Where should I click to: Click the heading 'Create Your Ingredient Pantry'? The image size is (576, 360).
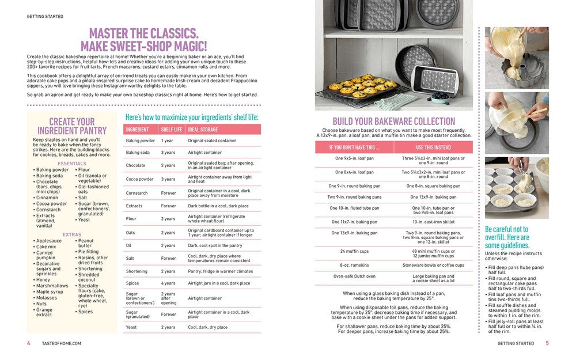coord(72,126)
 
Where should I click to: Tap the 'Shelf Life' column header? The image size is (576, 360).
coord(172,130)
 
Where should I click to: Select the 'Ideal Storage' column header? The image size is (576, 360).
coord(202,130)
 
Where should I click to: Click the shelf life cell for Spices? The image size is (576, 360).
coord(168,283)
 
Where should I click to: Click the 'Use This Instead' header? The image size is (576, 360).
coord(433,147)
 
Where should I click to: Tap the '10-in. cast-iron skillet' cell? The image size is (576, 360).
coord(433,222)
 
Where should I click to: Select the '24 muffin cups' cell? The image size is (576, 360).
coord(350,251)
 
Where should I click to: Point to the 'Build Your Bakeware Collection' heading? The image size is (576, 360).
coord(394,122)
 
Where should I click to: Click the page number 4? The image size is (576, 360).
coord(29,343)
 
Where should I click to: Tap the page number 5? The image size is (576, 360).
coord(547,343)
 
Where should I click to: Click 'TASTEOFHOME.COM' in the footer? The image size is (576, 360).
coord(62,343)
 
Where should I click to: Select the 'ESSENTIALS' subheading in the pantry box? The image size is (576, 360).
coord(72,164)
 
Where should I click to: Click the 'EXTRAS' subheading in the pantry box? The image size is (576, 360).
coord(72,234)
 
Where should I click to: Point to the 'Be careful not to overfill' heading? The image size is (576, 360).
coord(507,237)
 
